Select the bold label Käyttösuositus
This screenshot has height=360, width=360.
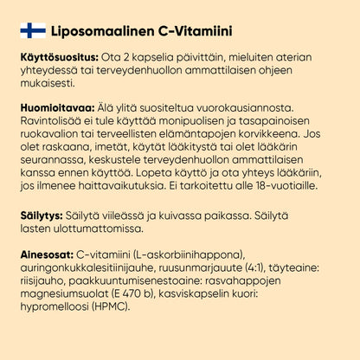click(57, 57)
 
